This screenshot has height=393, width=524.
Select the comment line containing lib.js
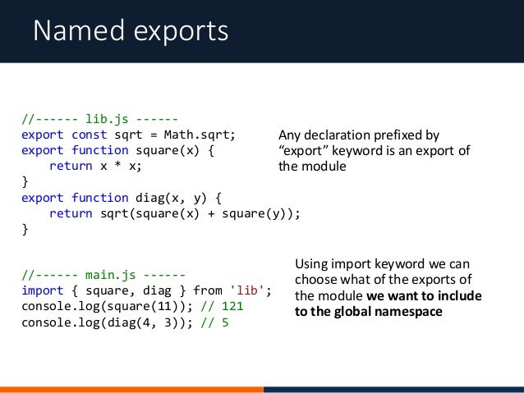pos(99,118)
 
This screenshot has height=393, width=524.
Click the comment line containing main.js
pos(103,275)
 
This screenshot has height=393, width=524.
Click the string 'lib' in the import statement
pos(249,290)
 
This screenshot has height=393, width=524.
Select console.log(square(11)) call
pos(103,306)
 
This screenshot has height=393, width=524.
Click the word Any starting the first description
pos(290,135)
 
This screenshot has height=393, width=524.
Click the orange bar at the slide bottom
pos(131,389)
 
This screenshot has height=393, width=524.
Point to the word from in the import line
pos(207,290)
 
